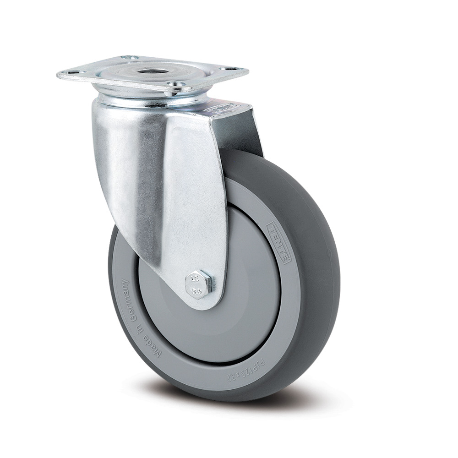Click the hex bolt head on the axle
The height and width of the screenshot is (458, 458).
(x=200, y=284)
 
